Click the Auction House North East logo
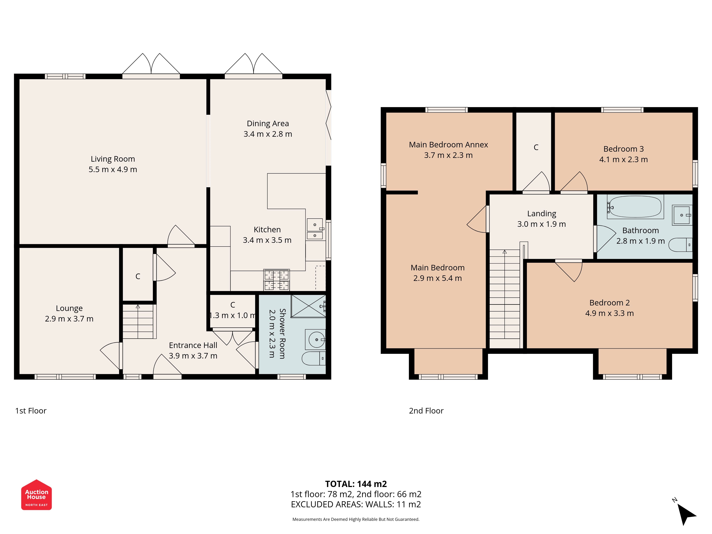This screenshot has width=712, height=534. click(36, 495)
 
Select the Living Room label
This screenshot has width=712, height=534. click(113, 159)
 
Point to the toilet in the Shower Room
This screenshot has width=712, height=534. click(314, 358)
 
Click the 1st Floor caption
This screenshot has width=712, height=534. click(31, 411)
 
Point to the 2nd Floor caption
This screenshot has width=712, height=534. click(426, 411)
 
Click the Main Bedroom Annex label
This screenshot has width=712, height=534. click(448, 145)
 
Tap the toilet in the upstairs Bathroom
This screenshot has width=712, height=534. click(680, 245)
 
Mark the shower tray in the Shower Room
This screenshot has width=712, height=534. click(308, 306)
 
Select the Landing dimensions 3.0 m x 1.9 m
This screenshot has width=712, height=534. click(541, 224)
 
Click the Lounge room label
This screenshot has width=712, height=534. click(69, 308)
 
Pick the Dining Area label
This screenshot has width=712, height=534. click(268, 124)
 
